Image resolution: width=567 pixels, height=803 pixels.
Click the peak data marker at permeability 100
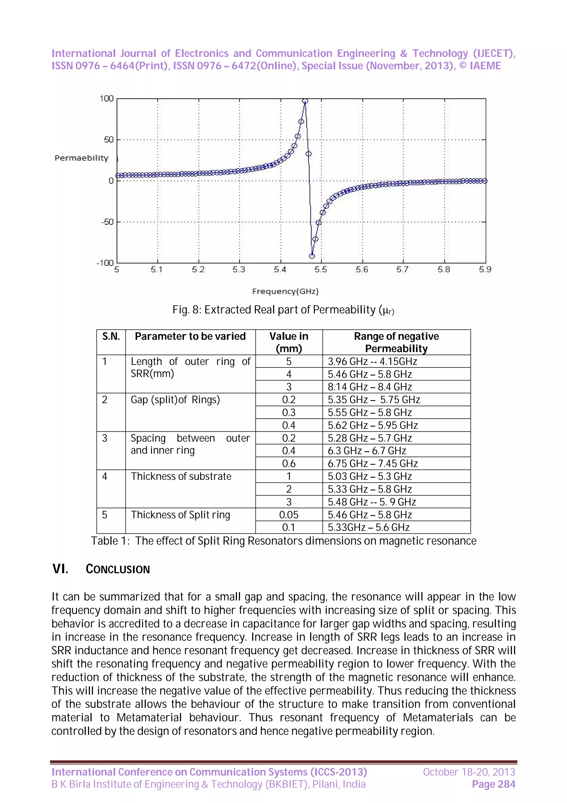305,101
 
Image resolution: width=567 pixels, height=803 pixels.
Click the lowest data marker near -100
312,256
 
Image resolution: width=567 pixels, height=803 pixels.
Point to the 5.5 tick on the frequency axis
321,269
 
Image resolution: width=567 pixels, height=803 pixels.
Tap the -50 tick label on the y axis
107,222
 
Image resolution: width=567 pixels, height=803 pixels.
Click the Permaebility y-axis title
81,158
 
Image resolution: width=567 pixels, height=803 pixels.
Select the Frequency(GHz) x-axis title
285,291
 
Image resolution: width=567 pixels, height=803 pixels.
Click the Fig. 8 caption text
283,310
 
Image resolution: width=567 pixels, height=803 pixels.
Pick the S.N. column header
111,336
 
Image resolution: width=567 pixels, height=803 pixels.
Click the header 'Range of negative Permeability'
396,342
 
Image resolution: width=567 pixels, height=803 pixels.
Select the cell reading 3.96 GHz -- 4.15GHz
372,361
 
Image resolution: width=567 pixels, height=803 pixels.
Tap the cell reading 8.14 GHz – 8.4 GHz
370,387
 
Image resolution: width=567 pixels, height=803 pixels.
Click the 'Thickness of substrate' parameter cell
181,476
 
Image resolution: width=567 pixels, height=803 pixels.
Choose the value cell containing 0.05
288,515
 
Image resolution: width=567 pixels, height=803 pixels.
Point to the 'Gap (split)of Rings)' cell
175,400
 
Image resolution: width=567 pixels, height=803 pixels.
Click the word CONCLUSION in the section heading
118,569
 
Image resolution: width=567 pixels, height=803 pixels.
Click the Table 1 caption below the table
283,541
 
